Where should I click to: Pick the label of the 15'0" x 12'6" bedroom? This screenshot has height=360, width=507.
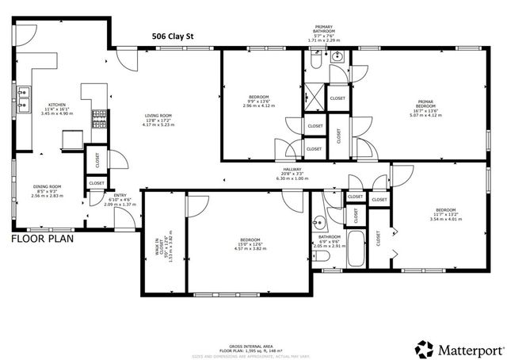click(x=250, y=243)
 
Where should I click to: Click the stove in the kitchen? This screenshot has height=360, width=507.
click(x=101, y=120)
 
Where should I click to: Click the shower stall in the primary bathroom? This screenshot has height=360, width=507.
click(x=314, y=98)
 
